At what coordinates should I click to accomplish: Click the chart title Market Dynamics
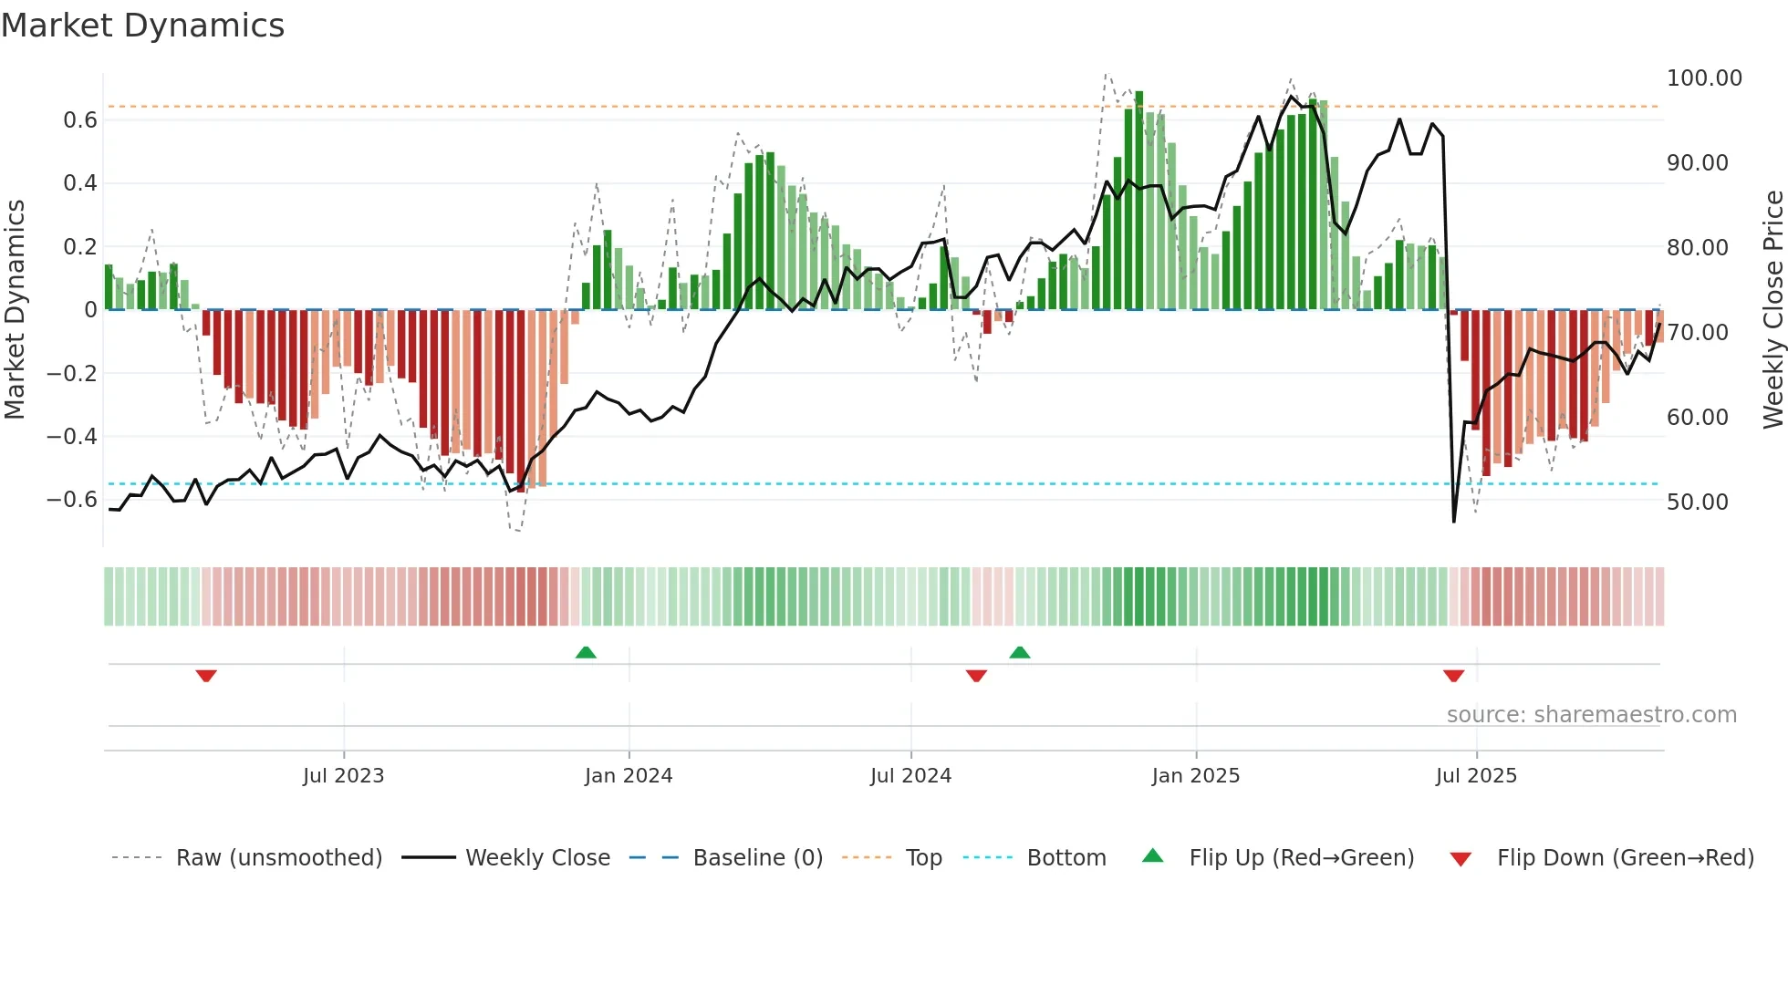(142, 26)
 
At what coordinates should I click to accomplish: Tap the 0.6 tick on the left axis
(80, 120)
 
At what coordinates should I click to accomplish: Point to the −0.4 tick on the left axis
(72, 437)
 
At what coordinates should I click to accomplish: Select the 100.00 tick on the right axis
(1703, 78)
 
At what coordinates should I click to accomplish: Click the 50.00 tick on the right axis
(1697, 502)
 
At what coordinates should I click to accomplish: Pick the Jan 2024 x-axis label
(629, 776)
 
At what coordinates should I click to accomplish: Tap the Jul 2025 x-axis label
(1476, 776)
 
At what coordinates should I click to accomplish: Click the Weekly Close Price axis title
(1772, 310)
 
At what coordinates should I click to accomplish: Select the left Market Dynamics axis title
(15, 310)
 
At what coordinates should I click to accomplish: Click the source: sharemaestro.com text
(1591, 715)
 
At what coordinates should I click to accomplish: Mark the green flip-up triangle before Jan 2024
(586, 652)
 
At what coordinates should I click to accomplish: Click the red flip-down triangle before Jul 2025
(1453, 676)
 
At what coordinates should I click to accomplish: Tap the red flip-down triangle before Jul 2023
(206, 676)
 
